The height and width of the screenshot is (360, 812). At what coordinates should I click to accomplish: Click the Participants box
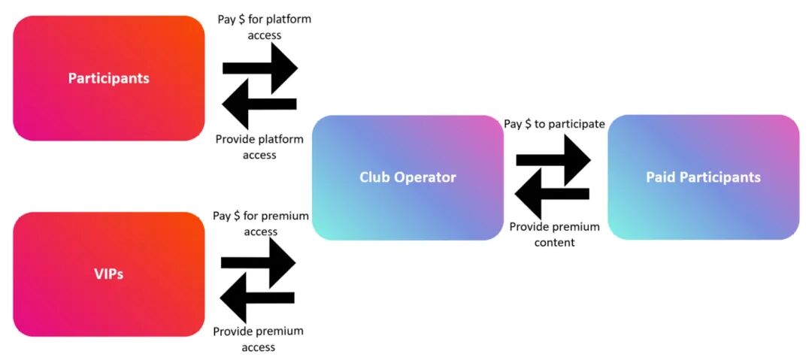tap(109, 78)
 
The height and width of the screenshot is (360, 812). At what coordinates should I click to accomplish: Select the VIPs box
tap(109, 274)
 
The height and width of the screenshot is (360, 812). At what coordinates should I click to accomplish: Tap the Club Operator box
tap(408, 177)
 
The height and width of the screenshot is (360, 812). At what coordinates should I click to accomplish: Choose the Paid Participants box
tap(703, 177)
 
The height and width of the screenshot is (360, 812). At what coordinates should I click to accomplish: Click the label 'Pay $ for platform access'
tap(263, 27)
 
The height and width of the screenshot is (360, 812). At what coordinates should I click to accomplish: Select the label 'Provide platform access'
tap(259, 147)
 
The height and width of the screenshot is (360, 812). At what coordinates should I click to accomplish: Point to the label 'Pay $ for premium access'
tap(261, 223)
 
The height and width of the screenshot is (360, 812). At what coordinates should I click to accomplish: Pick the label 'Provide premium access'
tap(258, 339)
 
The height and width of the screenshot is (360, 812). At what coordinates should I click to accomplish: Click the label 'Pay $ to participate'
tap(554, 124)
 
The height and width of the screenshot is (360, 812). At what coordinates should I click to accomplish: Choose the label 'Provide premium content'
tap(554, 234)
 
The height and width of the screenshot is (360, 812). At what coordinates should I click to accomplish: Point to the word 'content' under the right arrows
tap(554, 243)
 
